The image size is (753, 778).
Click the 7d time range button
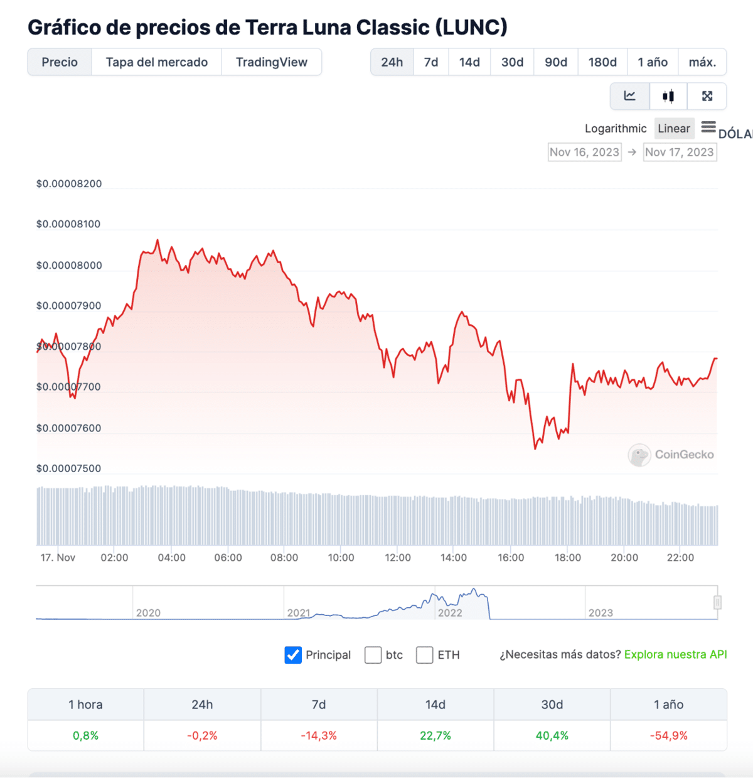pos(431,62)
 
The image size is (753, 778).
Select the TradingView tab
pos(271,62)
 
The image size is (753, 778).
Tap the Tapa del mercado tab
pos(156,62)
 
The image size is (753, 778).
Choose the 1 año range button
pos(653,62)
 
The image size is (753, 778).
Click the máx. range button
pos(702,62)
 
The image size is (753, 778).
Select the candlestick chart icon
pos(668,96)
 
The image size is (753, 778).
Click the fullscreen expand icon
pos(707,96)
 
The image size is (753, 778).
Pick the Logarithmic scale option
pos(615,129)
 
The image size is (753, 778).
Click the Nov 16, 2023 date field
pos(584,152)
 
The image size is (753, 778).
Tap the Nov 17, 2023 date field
pos(680,152)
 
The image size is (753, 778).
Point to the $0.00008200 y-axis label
pos(69,184)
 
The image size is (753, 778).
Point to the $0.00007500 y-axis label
pos(68,468)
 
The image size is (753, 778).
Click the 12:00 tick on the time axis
pos(398,558)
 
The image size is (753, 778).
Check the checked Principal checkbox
pos(293,655)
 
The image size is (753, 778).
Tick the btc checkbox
pos(373,655)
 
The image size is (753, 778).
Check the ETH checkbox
pos(425,655)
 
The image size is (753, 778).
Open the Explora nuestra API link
pos(675,654)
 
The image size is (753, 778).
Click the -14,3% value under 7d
pos(319,735)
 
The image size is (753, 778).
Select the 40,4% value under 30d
pos(552,735)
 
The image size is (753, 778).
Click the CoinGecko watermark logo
pos(671,455)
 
